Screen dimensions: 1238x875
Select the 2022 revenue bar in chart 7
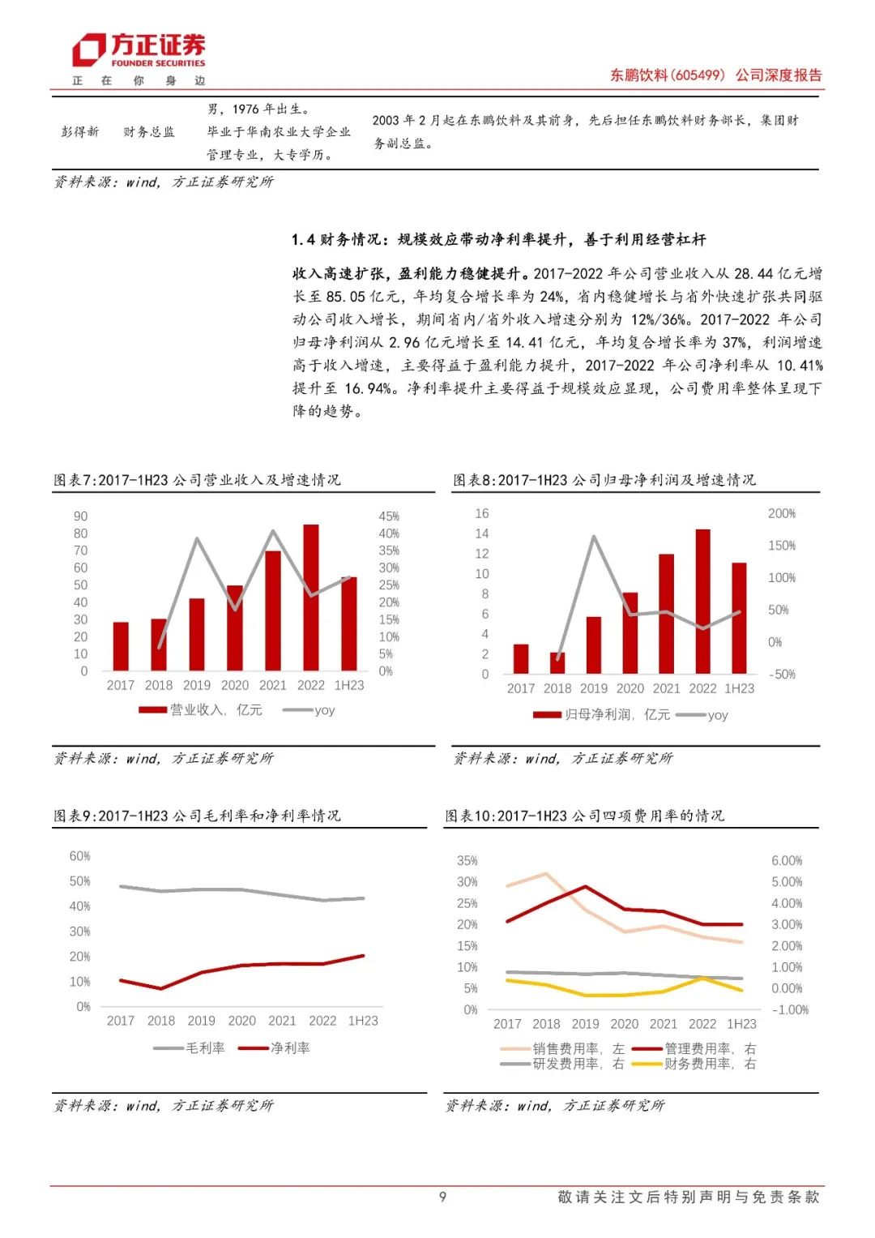point(311,598)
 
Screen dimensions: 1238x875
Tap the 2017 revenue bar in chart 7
point(121,646)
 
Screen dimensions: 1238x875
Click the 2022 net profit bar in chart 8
point(702,601)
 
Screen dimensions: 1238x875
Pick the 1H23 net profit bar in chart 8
point(739,618)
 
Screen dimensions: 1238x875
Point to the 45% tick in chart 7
point(389,516)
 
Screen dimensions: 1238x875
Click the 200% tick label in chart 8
point(782,514)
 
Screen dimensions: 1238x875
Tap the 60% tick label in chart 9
point(79,856)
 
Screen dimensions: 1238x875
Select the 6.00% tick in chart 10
point(786,861)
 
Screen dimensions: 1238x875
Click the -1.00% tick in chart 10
point(789,1010)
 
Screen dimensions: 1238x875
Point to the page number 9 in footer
point(442,1197)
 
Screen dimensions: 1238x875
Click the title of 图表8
point(604,480)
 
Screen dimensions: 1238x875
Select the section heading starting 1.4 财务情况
point(498,240)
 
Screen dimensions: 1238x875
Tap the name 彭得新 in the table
point(80,132)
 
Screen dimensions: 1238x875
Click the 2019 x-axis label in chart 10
point(585,1024)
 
